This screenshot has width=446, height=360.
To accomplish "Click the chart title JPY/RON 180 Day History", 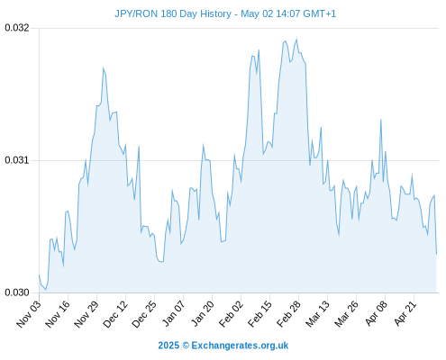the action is (x=173, y=13).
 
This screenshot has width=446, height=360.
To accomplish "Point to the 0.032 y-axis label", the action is (x=17, y=28).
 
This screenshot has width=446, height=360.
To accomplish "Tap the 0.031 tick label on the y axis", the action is (x=17, y=160).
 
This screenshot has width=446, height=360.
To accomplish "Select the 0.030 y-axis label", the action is (x=17, y=292).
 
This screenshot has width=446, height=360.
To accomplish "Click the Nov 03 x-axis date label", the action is (x=29, y=314).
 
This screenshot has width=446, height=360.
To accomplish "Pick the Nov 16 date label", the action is (x=58, y=314).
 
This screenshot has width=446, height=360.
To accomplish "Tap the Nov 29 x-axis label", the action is (x=86, y=314).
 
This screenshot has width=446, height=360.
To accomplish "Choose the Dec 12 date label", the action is (x=115, y=314).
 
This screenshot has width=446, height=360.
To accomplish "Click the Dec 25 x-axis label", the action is (x=144, y=314).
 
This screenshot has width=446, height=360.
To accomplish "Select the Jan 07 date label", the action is (x=173, y=313).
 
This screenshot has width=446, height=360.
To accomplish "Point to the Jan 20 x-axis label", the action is (x=202, y=313).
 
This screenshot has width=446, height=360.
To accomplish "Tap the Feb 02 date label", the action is (x=231, y=314).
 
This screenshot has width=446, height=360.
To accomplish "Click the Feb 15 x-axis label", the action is (x=259, y=314).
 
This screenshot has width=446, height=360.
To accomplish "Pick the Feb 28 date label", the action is (x=288, y=314).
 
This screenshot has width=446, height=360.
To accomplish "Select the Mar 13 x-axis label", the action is (x=317, y=314).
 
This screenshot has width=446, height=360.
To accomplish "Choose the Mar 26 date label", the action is (x=346, y=314).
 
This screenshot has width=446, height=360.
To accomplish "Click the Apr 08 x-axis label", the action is (x=376, y=313).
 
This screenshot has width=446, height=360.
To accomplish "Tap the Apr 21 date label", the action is (x=405, y=313).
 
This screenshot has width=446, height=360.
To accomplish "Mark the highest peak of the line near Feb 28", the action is (x=296, y=39).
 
